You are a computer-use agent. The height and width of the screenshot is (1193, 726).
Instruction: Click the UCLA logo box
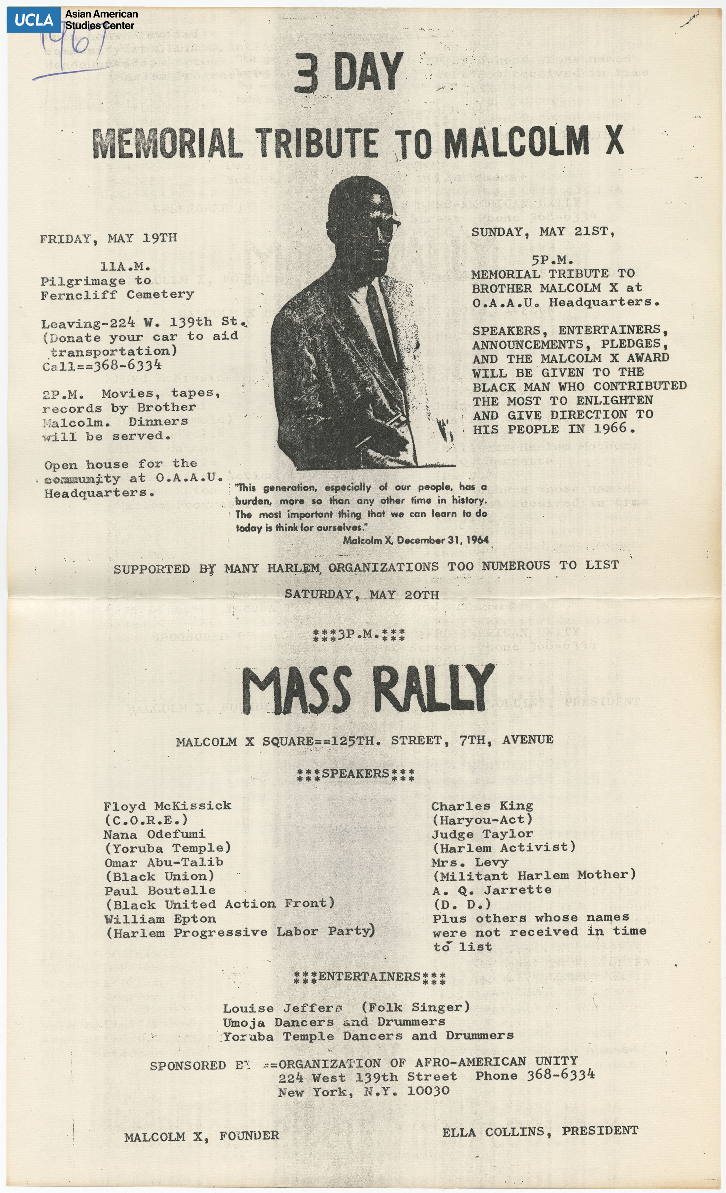(33, 20)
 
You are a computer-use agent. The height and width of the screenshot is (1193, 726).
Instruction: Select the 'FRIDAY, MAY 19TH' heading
(109, 238)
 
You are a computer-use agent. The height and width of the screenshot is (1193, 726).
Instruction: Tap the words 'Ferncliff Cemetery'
(117, 294)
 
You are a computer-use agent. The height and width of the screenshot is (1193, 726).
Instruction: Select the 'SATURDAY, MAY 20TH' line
(362, 595)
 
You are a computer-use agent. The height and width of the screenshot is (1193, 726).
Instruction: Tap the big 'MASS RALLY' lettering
(367, 690)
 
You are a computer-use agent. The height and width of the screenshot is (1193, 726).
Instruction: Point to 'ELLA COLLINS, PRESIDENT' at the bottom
(540, 1131)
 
